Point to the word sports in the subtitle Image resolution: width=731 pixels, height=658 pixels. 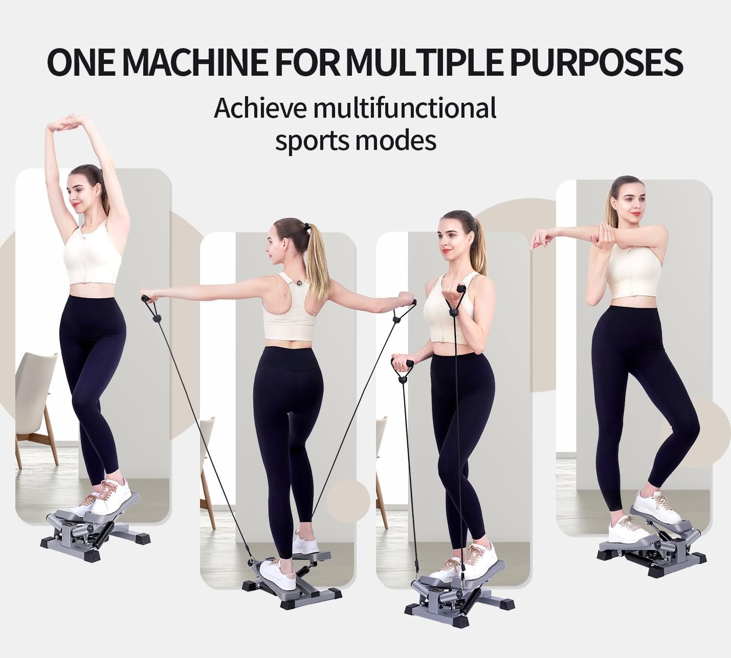click(315, 141)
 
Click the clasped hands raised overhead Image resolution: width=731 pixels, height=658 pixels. click(68, 124)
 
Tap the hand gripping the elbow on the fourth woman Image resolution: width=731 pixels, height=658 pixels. click(603, 233)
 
